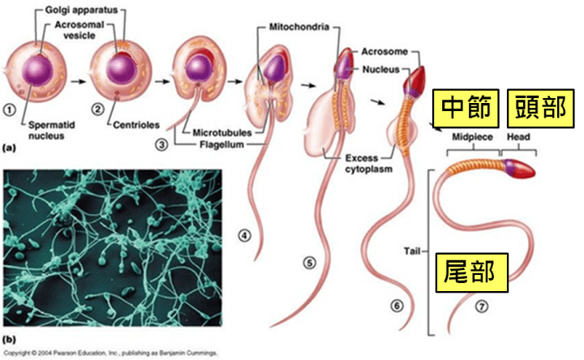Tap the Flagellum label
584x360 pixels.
tap(218, 145)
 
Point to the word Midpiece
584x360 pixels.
tap(470, 138)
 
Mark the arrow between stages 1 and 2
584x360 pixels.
tap(78, 81)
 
